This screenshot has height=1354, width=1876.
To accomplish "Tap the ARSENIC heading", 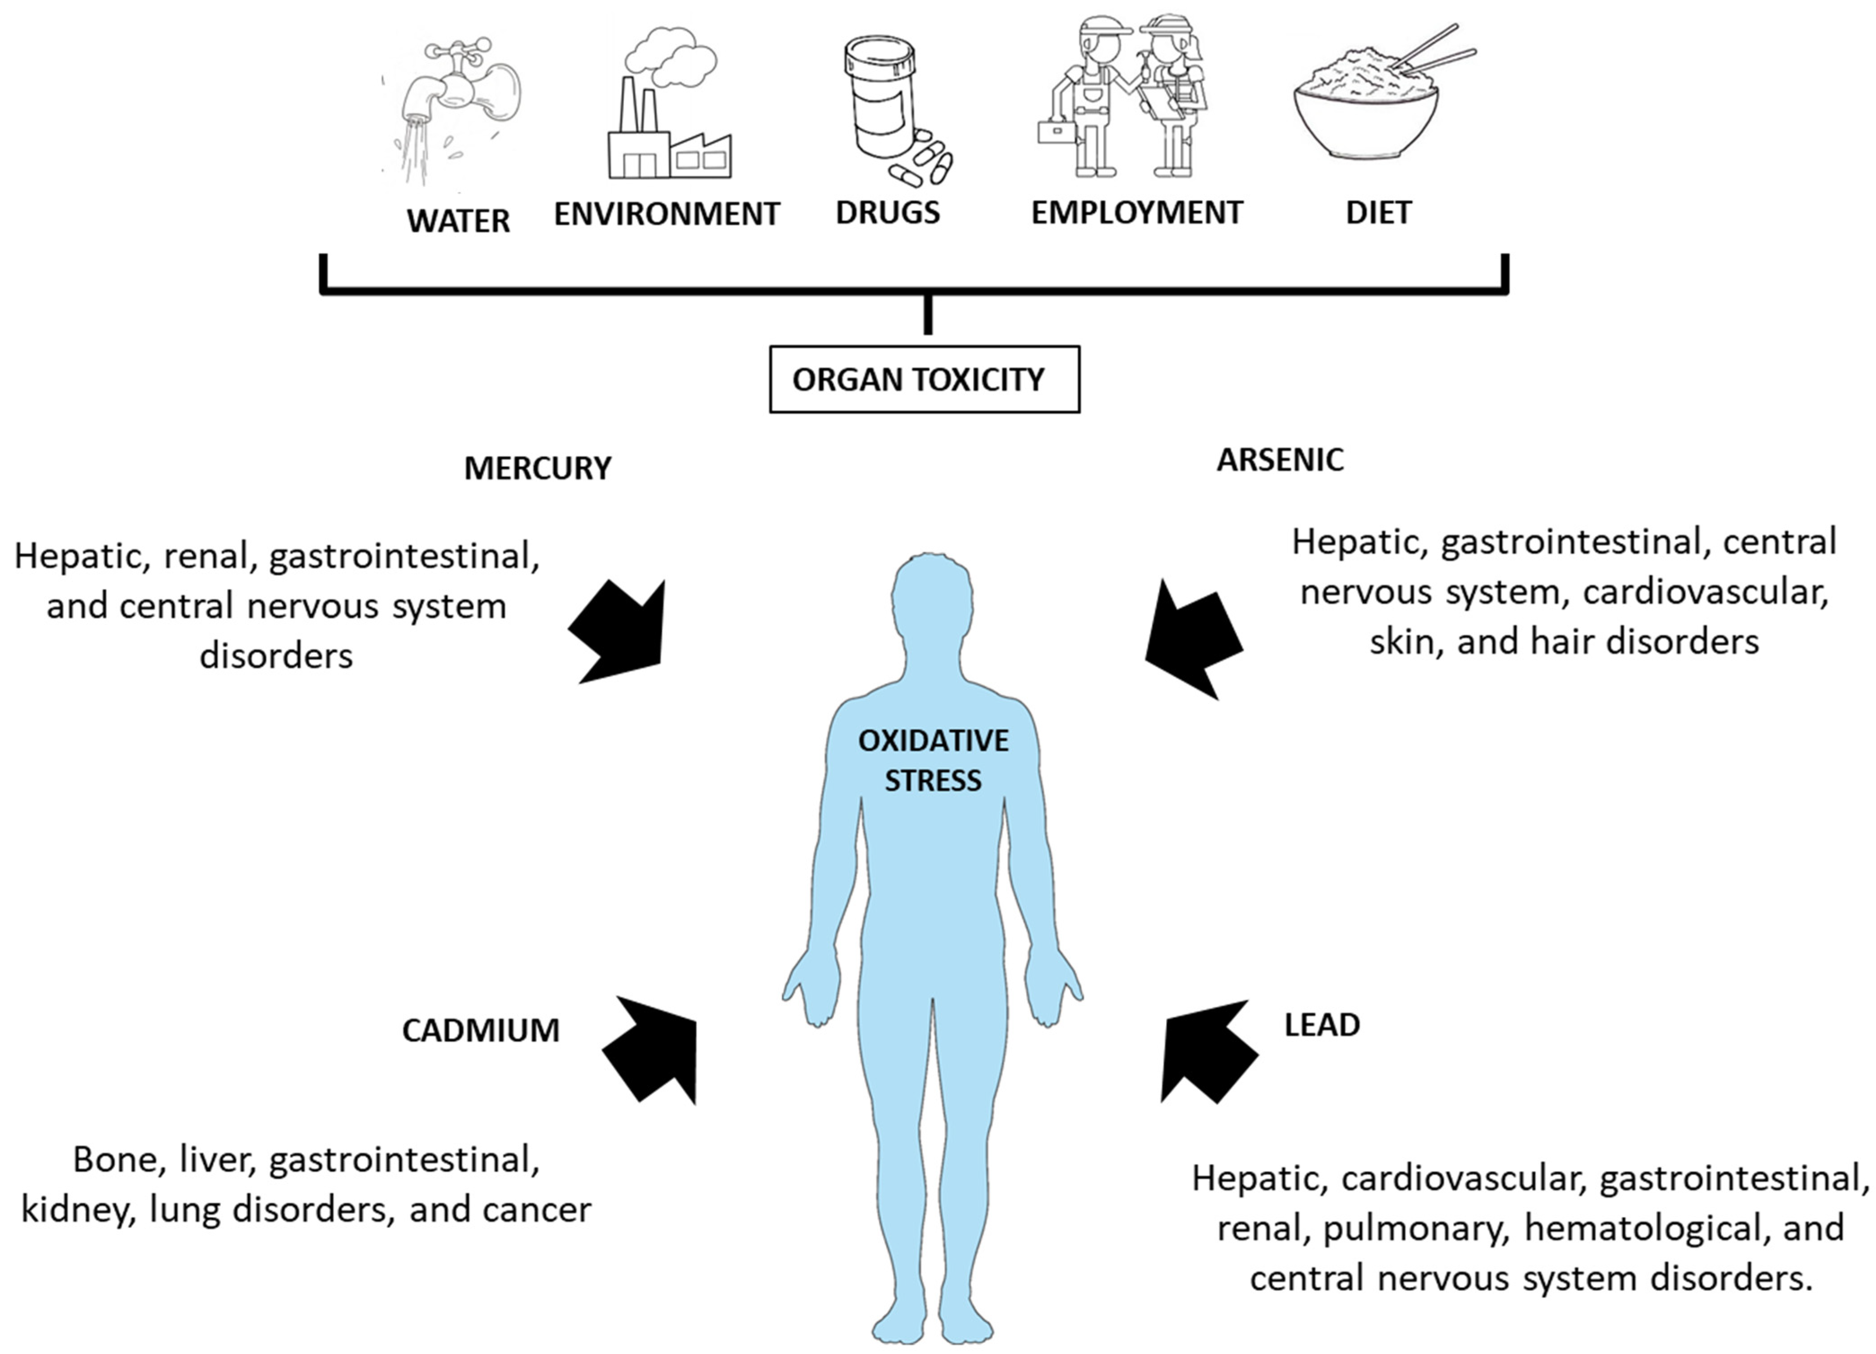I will pyautogui.click(x=1280, y=460).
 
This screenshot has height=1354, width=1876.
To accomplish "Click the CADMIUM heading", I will pyautogui.click(x=481, y=1030).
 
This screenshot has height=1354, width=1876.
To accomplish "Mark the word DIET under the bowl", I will pyautogui.click(x=1378, y=213).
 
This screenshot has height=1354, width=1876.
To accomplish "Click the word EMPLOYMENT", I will pyautogui.click(x=1136, y=213).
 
